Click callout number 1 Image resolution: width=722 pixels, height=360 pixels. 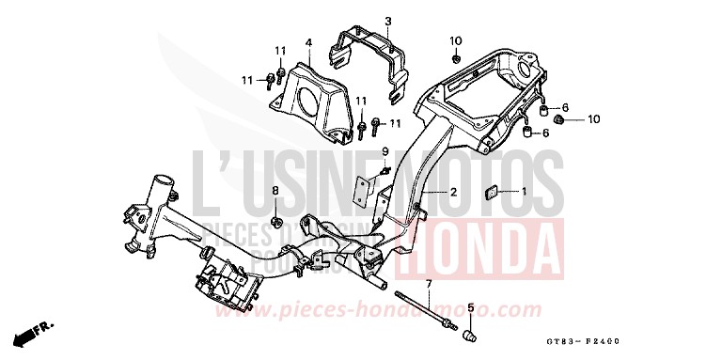(x=525, y=192)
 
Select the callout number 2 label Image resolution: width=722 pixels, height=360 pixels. (x=453, y=192)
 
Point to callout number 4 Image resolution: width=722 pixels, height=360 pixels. (x=306, y=41)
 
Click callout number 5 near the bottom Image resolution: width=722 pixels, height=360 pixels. (x=470, y=306)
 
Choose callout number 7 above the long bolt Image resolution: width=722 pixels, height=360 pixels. (x=428, y=283)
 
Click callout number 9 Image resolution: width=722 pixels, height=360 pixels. (x=385, y=151)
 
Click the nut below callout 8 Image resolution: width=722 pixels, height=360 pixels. (x=276, y=222)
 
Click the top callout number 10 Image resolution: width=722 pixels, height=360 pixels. (x=456, y=40)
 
